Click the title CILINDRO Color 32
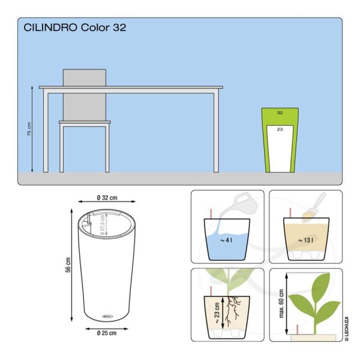pyautogui.click(x=74, y=28)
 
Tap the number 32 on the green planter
pyautogui.click(x=280, y=113)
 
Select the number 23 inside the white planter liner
pyautogui.click(x=280, y=129)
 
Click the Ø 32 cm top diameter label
pyautogui.click(x=106, y=197)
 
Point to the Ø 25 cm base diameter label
pyautogui.click(x=107, y=332)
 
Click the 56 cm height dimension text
pyautogui.click(x=68, y=264)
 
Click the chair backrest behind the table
pyautogui.click(x=85, y=78)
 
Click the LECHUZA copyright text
pyautogui.click(x=346, y=328)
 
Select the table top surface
pyautogui.click(x=131, y=88)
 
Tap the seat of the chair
pyautogui.click(x=85, y=122)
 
